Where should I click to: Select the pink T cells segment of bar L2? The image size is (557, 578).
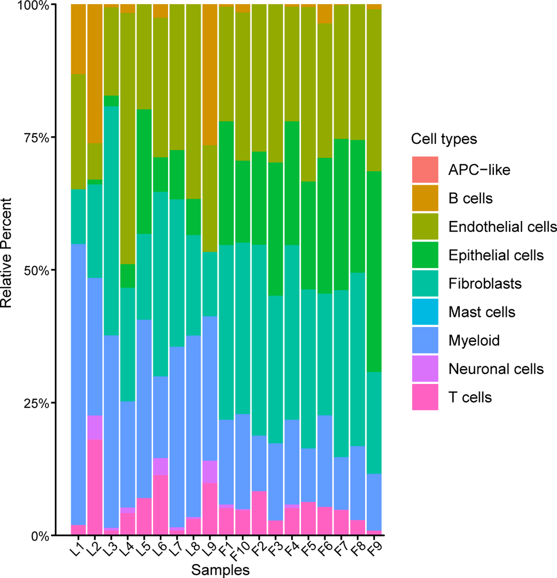[x=95, y=487]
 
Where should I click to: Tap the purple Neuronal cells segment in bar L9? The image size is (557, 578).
[x=210, y=472]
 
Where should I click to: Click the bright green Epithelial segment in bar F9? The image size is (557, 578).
[x=374, y=272]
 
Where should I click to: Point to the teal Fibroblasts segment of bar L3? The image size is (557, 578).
[x=111, y=221]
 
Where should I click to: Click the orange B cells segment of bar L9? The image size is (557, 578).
[x=210, y=74]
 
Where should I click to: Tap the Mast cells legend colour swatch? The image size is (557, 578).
[x=425, y=312]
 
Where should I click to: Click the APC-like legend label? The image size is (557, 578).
[x=479, y=170]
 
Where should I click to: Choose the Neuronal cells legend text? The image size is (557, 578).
[x=496, y=369]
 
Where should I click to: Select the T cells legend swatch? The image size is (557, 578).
[x=425, y=397]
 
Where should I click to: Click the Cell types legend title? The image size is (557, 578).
[x=444, y=139]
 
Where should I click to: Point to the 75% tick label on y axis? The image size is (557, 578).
[x=36, y=138]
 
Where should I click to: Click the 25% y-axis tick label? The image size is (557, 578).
[x=36, y=403]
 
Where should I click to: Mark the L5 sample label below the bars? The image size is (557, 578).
[x=143, y=549]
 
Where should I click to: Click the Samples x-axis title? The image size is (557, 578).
[x=220, y=570]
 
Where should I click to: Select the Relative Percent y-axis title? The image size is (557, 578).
[x=6, y=253]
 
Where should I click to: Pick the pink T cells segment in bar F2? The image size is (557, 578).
[x=259, y=513]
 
